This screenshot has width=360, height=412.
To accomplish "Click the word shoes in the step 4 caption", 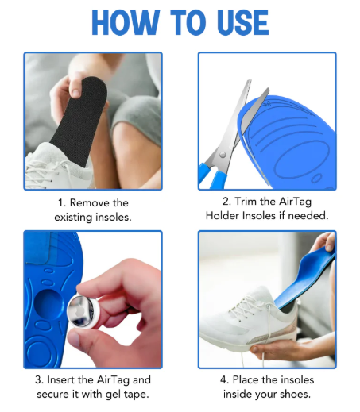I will click(x=292, y=395).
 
